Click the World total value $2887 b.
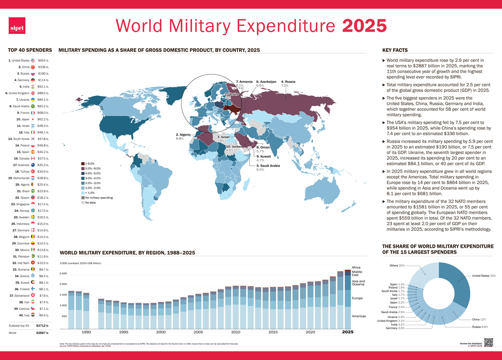42,333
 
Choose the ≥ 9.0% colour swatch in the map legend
82,163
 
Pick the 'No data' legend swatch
82,203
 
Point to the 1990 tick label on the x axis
86,332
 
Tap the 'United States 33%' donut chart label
484,276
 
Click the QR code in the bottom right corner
488,342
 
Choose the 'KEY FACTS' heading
395,50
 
